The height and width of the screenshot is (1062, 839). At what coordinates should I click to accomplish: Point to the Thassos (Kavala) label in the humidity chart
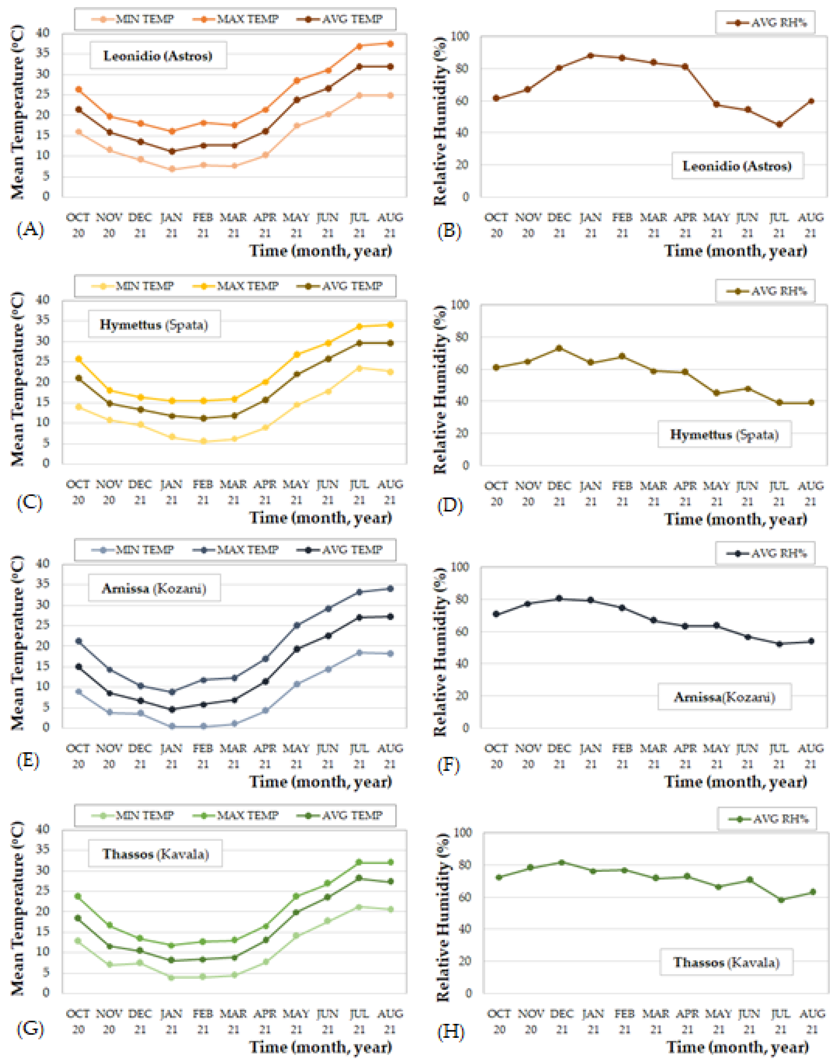coord(726,962)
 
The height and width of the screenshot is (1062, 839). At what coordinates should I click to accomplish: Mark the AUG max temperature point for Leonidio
coord(391,44)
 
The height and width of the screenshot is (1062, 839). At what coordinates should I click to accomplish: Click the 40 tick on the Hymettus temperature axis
coord(43,300)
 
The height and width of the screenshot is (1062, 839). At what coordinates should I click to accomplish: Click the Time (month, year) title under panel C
coord(321,518)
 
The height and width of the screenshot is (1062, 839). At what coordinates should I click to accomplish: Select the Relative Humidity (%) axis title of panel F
coord(440,652)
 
